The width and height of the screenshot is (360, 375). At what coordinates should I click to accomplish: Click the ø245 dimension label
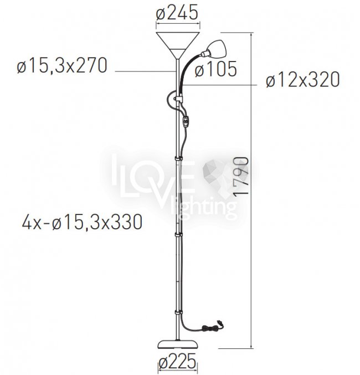tap(177, 12)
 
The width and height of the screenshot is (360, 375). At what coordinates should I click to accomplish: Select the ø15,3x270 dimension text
tap(62, 65)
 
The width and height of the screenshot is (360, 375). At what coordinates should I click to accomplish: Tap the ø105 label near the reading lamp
tap(216, 69)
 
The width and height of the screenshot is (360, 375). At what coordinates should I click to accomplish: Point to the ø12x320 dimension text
tap(303, 79)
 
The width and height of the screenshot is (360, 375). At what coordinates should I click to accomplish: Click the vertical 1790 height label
tap(241, 177)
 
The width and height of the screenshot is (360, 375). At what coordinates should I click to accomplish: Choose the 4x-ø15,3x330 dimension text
tap(83, 223)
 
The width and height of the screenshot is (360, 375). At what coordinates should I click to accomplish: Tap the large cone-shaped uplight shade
tap(178, 45)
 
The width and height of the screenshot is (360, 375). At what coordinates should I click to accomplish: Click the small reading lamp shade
tap(216, 48)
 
